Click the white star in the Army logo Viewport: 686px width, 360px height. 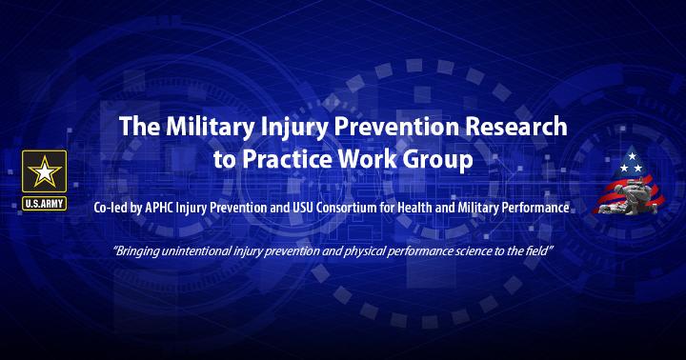[x=44, y=172]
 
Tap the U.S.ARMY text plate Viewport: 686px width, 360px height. [x=44, y=204]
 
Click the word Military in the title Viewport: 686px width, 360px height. [x=210, y=127]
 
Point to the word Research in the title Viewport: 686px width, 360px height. [x=515, y=126]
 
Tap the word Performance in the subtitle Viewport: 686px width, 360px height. [x=535, y=208]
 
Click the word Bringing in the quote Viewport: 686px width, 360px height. [x=136, y=251]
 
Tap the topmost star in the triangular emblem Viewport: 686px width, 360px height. [x=632, y=156]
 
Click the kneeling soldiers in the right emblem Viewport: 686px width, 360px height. [x=628, y=199]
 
